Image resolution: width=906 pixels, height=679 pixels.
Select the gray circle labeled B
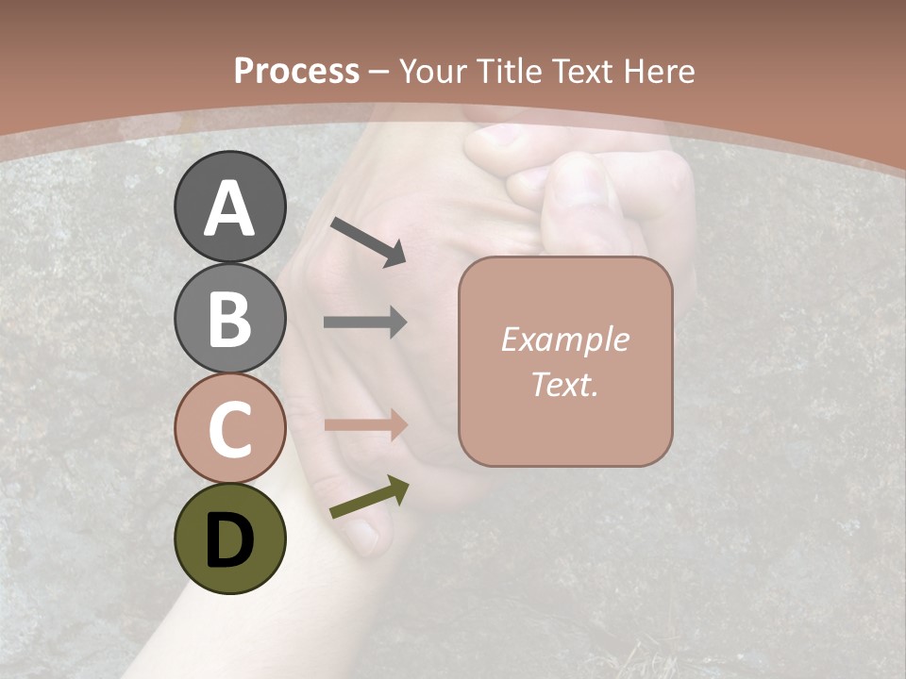coord(230,318)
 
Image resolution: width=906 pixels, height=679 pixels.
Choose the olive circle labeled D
coord(230,538)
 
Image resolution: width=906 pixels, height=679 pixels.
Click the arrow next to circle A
coord(368,241)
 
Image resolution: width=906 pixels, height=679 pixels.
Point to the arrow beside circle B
coord(365,323)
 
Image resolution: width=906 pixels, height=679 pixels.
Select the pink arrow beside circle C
coord(365,425)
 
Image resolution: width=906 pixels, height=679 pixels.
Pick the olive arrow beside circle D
coord(369,498)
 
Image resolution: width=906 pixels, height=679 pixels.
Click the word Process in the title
coord(296,72)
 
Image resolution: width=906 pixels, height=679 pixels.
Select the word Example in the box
coord(564,339)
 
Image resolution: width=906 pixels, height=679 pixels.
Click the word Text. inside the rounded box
coord(564,385)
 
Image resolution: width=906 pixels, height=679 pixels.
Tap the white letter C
coord(230,429)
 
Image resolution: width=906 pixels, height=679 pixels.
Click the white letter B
coord(230,319)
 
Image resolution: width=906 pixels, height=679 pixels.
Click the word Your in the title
coord(433,72)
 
